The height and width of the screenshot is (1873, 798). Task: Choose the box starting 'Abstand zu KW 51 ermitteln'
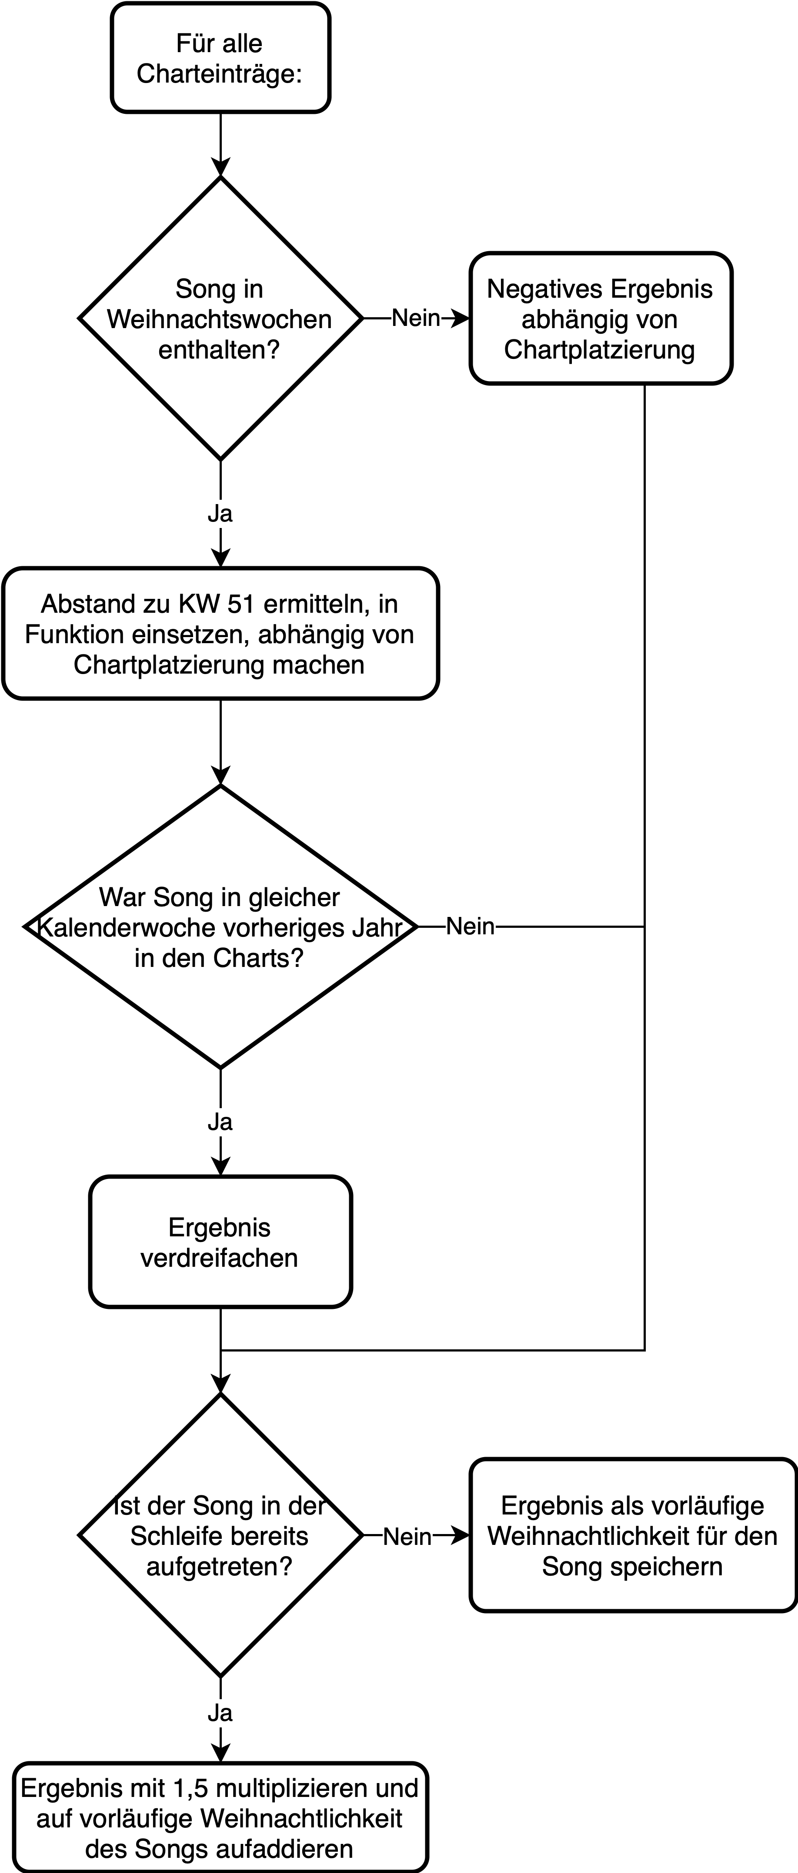(x=220, y=633)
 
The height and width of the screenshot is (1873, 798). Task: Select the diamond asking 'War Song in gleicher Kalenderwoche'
(x=220, y=927)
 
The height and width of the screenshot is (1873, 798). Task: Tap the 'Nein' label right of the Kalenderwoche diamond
(x=470, y=927)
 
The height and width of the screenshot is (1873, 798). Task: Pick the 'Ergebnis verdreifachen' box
(x=220, y=1242)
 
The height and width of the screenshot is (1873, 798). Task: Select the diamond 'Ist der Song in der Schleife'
(x=220, y=1536)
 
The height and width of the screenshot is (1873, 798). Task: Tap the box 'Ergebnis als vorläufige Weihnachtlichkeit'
(x=634, y=1536)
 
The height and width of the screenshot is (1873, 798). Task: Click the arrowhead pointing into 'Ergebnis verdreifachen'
(x=220, y=1166)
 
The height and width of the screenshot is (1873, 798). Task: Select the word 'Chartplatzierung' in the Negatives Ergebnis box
(x=599, y=350)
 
